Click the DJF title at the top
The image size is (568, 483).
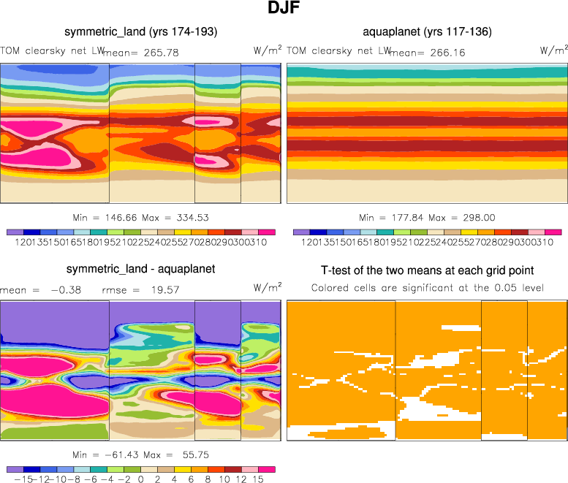pos(284,10)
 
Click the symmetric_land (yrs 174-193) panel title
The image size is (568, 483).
pos(140,32)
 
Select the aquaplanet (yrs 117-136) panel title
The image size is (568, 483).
pos(427,32)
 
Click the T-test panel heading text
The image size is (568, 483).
pos(427,270)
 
